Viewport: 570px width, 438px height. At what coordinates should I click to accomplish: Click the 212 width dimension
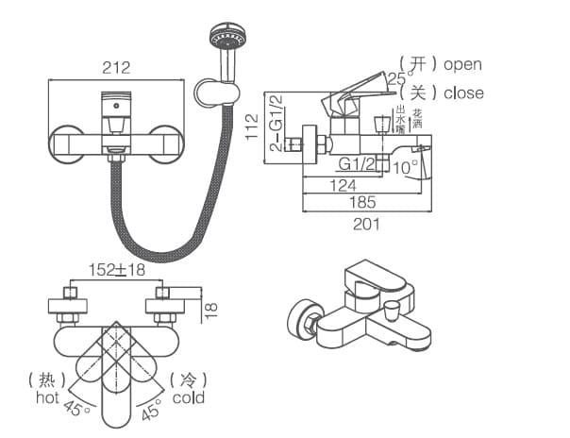(116, 67)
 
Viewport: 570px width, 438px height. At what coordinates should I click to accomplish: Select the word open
(462, 64)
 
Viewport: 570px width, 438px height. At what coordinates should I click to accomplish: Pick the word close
(462, 93)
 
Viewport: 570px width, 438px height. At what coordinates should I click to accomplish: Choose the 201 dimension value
(366, 224)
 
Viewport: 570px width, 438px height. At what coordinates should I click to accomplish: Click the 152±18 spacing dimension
(116, 270)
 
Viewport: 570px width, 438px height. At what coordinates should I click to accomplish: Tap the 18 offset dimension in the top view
(213, 307)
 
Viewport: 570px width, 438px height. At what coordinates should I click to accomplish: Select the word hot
(47, 397)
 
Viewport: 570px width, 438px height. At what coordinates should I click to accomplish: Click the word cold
(188, 397)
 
